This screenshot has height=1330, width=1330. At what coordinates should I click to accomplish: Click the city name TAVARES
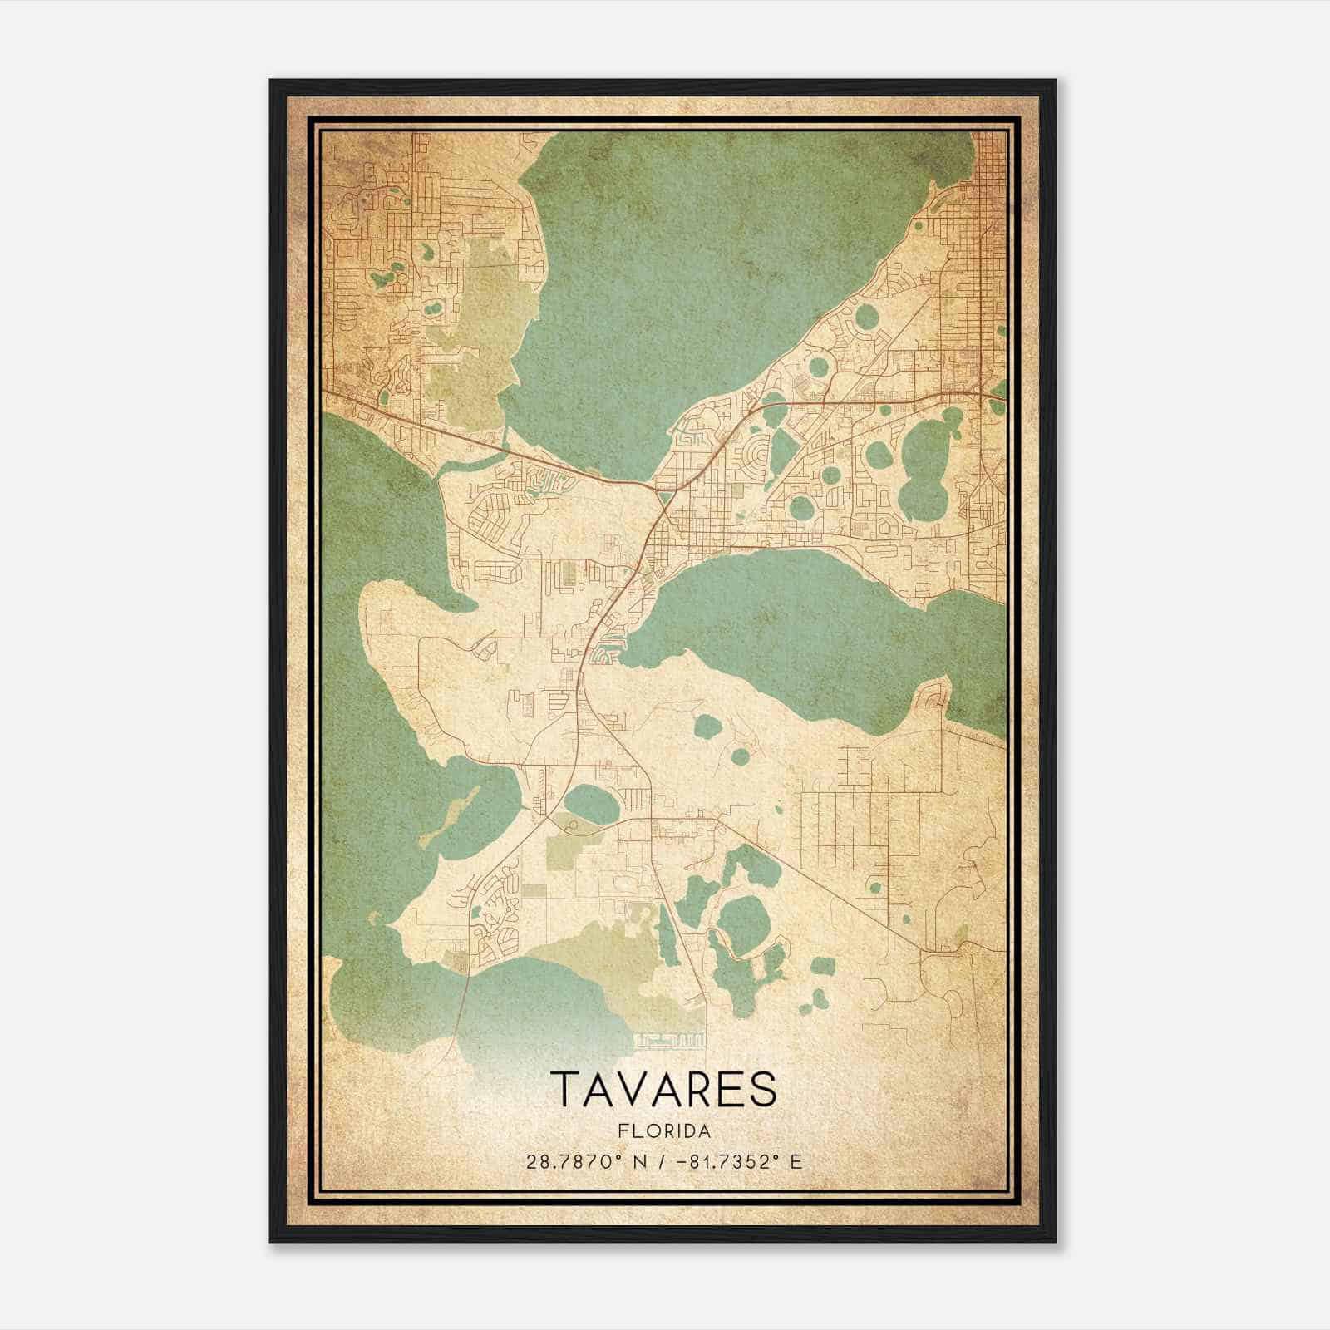663,1089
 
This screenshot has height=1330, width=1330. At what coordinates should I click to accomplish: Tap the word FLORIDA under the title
663,1131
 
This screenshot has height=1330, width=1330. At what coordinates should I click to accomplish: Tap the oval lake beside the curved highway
591,803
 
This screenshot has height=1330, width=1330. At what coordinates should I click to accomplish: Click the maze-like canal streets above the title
670,1039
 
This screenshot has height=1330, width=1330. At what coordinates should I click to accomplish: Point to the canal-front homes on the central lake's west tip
605,653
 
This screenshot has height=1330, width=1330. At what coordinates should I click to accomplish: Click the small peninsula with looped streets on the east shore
933,694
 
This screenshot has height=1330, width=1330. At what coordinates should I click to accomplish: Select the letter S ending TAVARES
762,1089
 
